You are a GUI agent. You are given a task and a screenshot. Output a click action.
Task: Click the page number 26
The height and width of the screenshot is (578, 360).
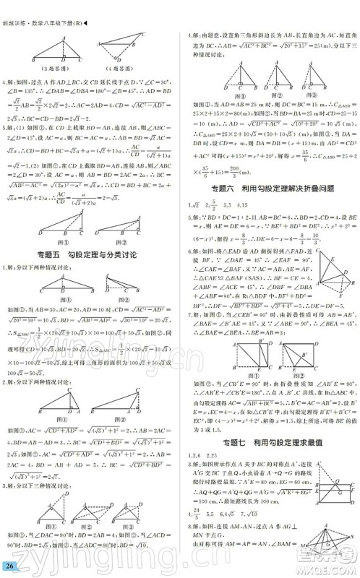[9, 565]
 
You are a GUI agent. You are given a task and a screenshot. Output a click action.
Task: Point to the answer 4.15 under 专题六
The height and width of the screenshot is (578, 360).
[258, 207]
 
